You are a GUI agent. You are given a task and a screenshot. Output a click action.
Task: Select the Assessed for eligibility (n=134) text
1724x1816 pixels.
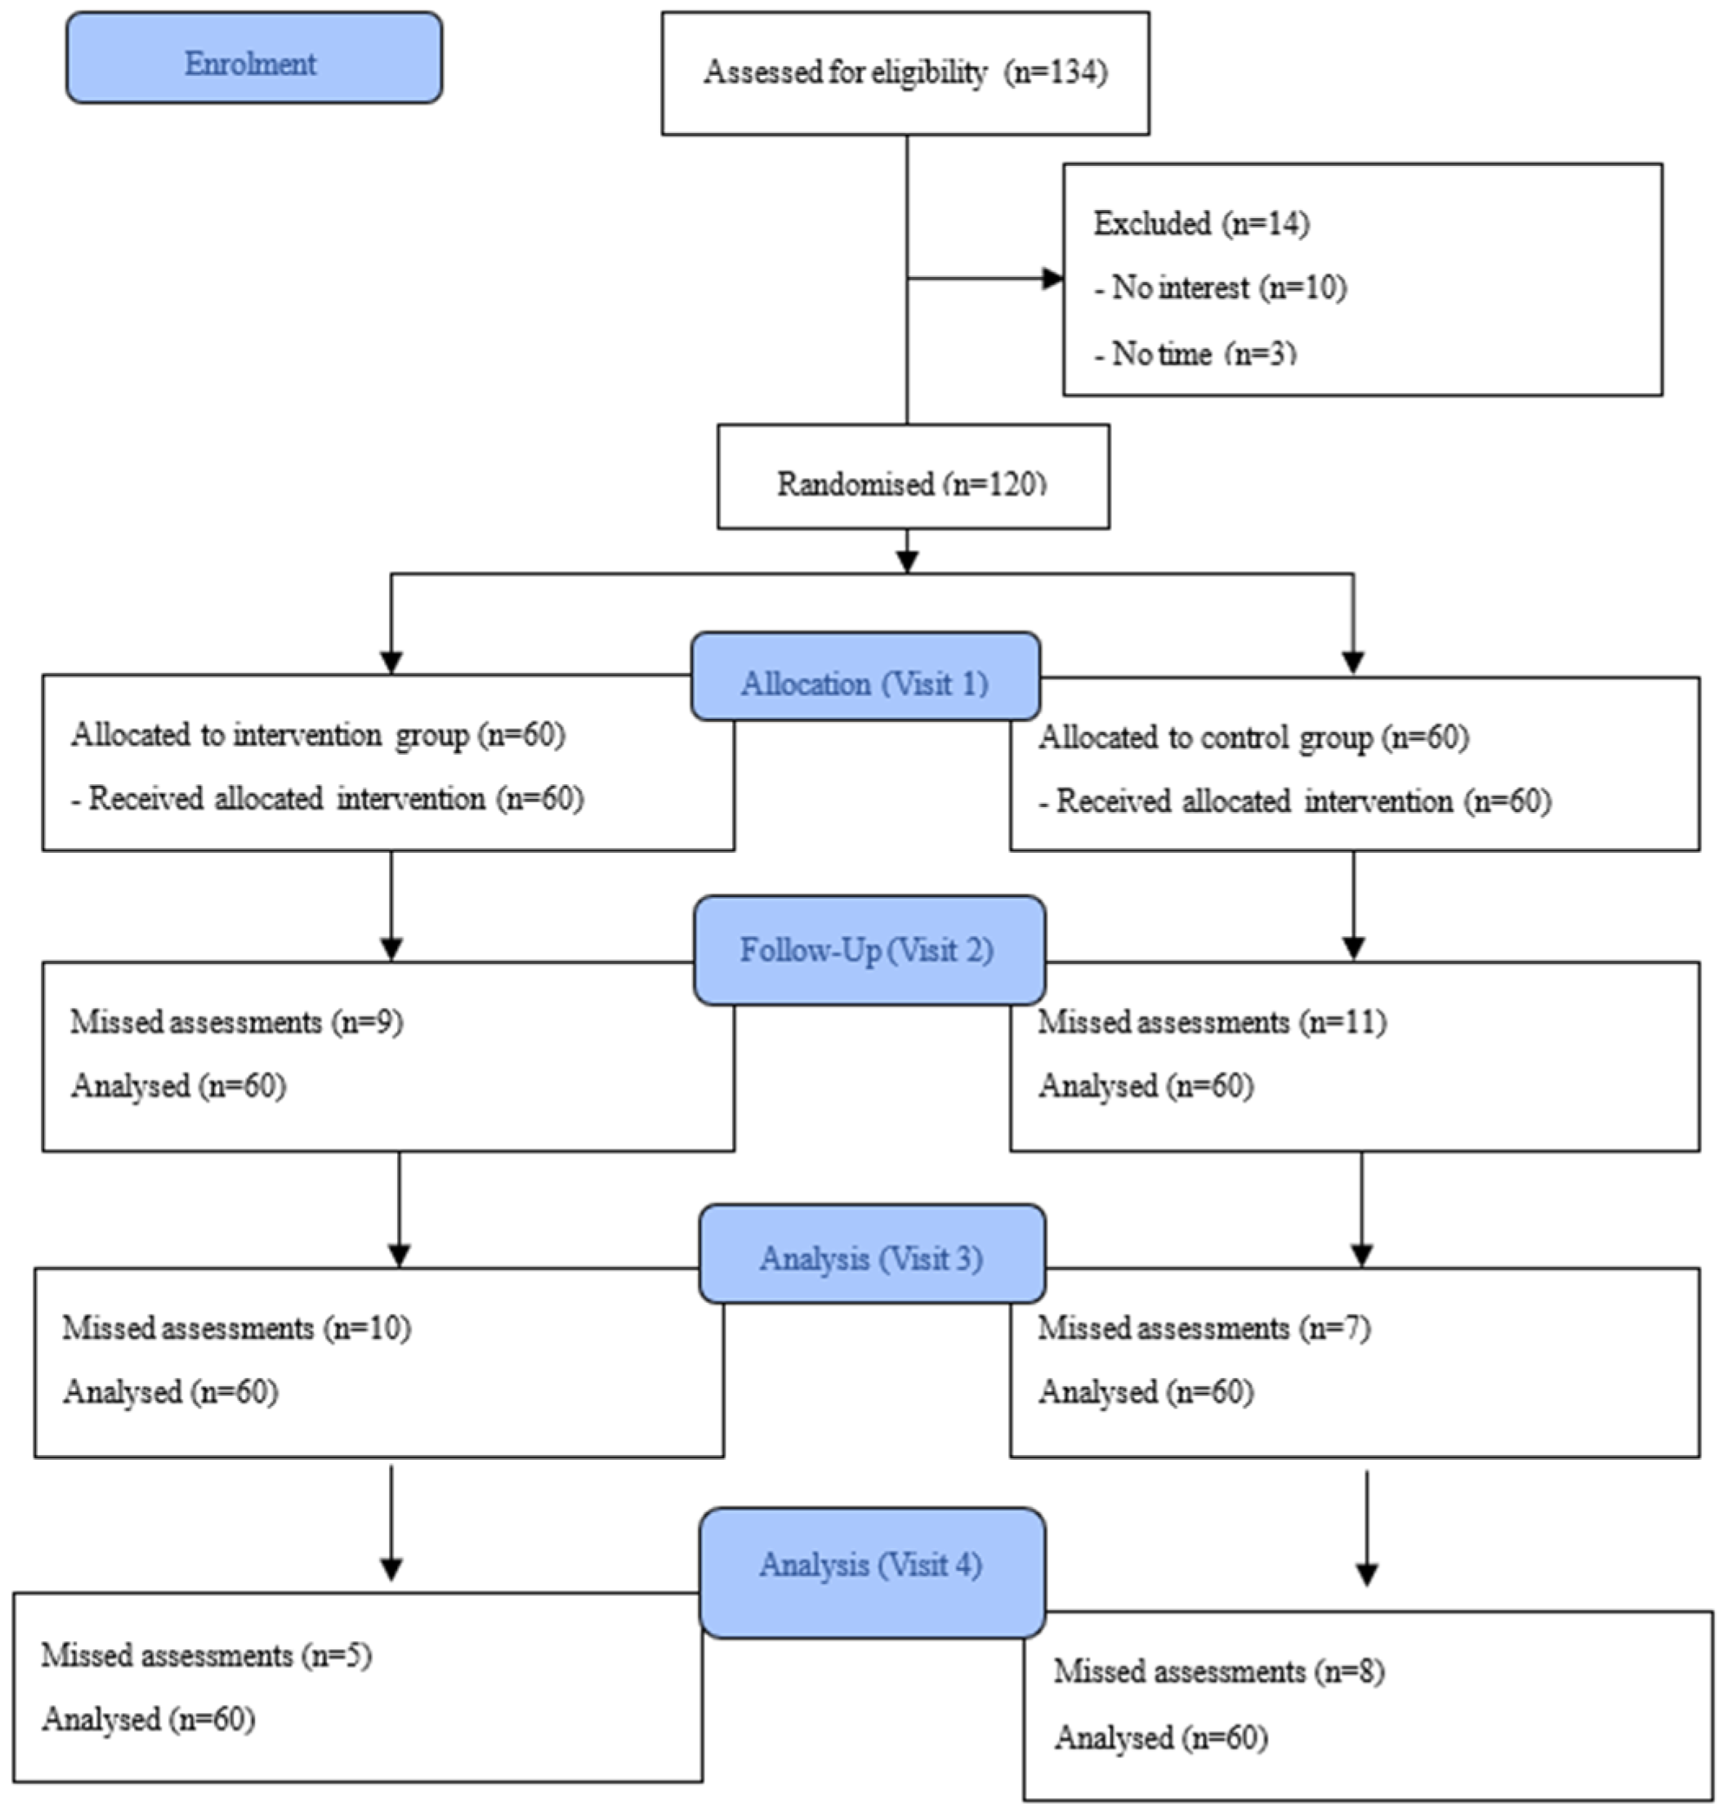[x=905, y=73]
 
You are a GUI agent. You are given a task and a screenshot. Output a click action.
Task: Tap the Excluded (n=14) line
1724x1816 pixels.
[x=1201, y=223]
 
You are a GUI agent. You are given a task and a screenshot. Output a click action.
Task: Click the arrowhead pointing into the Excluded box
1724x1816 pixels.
[x=1052, y=279]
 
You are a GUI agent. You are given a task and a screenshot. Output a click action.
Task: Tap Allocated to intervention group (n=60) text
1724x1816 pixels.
[x=318, y=735]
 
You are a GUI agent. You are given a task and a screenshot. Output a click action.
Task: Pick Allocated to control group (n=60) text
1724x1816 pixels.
[x=1253, y=738]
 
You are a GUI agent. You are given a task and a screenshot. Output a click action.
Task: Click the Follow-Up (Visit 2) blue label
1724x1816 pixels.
[x=869, y=949]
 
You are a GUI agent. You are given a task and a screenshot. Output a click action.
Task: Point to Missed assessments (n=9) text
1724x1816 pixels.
[x=237, y=1022]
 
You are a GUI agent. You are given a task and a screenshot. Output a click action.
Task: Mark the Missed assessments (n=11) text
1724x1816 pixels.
[x=1213, y=1022]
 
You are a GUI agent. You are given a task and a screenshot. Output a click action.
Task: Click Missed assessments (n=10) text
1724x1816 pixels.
[x=237, y=1328]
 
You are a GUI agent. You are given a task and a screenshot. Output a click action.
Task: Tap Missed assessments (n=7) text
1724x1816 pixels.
[x=1204, y=1328]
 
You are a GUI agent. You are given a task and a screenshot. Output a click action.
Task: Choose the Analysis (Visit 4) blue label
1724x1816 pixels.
[x=871, y=1564]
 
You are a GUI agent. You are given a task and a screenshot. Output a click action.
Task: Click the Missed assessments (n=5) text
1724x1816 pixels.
[x=207, y=1655]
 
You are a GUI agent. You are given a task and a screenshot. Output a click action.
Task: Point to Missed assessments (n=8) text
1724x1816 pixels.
[x=1218, y=1671]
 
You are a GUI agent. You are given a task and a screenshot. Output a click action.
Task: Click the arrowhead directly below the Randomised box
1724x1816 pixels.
[x=907, y=561]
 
